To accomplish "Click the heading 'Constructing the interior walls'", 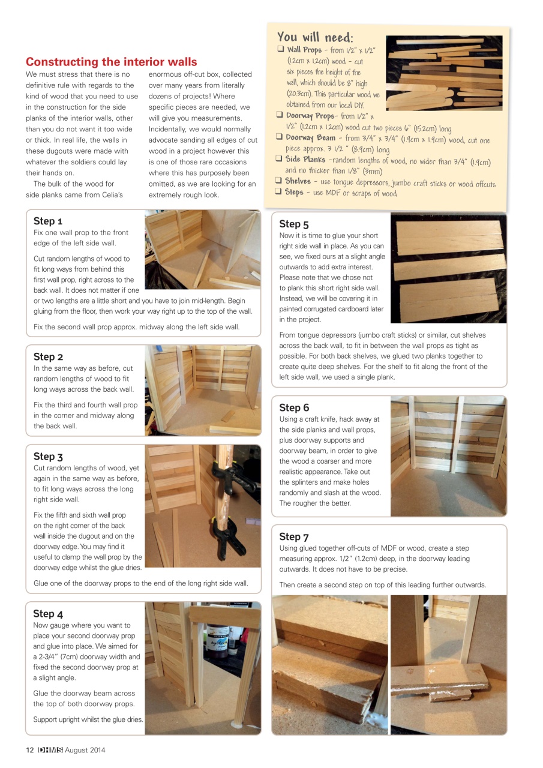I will coord(111,62).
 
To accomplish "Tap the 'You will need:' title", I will coord(315,37).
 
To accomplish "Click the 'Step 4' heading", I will coord(48,613).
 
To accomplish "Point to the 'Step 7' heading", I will coord(294,536).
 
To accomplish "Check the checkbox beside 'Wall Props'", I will coord(280,50).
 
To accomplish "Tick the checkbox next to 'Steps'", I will coord(278,192).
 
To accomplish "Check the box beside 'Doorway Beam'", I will coord(280,137).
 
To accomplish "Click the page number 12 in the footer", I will coord(29,750).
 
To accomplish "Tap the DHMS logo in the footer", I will coord(50,750).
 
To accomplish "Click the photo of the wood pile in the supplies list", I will coord(443,73).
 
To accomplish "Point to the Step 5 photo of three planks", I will coord(448,269).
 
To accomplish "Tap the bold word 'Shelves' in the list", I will coord(298,181).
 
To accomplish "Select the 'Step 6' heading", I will coord(294,407).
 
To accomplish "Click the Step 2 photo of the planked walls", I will coord(203,390).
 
